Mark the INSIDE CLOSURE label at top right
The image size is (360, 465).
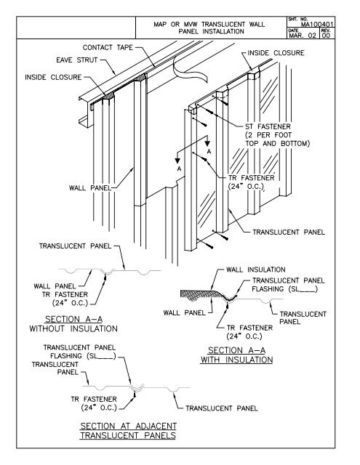276,53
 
